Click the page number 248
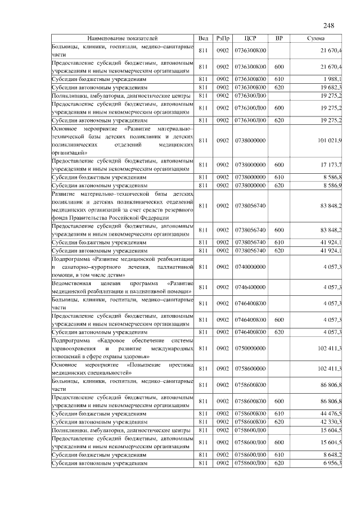pos(329,25)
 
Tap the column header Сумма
pos(315,38)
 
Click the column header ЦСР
pos(251,38)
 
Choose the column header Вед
pos(203,38)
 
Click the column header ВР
pos(279,38)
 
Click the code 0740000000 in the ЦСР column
pos(250,267)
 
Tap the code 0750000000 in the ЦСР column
pos(250,348)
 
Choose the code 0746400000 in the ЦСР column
pos(250,287)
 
